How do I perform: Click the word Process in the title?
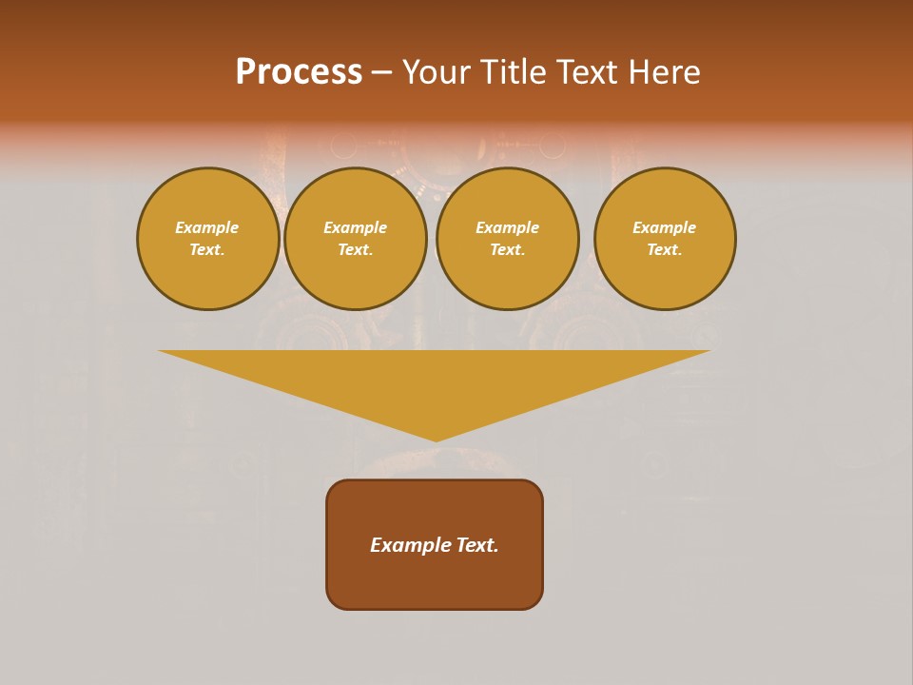click(x=299, y=72)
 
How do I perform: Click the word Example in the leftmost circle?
click(x=207, y=227)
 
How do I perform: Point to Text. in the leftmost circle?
click(x=207, y=249)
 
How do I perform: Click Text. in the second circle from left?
click(x=356, y=249)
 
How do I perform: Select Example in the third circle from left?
click(x=508, y=227)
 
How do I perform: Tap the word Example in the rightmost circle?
click(x=665, y=227)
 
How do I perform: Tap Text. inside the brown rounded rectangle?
click(x=476, y=545)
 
